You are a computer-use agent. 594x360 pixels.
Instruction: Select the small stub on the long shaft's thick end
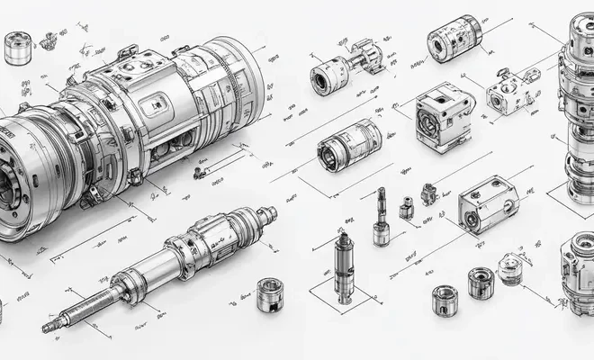266,212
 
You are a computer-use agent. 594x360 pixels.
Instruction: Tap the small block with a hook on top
428,194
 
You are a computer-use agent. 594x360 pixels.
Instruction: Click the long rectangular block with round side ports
489,204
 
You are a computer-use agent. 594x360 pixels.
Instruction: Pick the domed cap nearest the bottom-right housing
510,266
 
